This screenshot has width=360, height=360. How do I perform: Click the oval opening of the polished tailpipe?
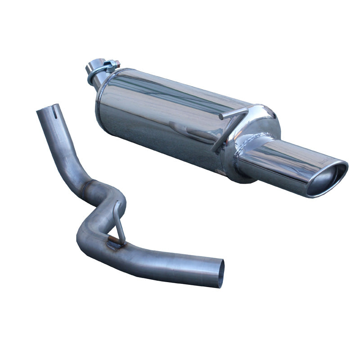click(327, 180)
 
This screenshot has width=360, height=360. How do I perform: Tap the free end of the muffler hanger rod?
click(221, 117)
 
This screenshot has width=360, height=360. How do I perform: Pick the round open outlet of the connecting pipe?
click(219, 273)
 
